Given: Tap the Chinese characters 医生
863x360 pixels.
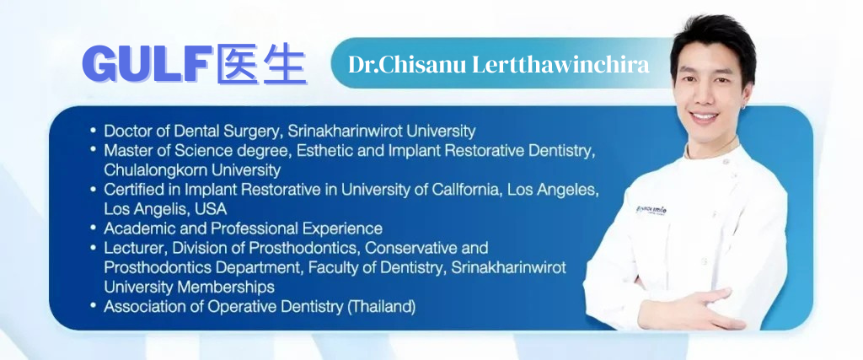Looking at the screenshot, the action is (x=261, y=64).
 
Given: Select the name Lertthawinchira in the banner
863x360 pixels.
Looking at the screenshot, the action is (x=560, y=65).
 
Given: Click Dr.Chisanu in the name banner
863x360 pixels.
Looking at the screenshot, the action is (x=407, y=65).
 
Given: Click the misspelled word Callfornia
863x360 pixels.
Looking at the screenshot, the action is (x=469, y=190).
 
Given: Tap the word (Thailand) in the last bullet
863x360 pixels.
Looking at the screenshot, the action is (x=381, y=306).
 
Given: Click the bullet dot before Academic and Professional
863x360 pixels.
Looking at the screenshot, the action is (x=93, y=228).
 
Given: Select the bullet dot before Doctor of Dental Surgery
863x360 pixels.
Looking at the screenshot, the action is (x=93, y=131).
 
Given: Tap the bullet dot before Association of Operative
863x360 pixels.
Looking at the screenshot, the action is (x=93, y=306).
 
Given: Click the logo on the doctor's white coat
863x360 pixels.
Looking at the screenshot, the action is (x=651, y=210).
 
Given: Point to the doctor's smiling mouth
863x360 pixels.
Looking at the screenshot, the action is (x=705, y=116).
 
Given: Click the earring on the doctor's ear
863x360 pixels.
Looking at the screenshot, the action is (x=743, y=106).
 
